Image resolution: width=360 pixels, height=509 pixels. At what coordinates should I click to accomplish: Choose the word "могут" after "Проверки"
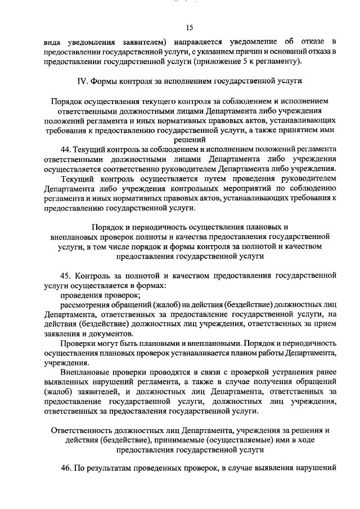pyautogui.click(x=111, y=343)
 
